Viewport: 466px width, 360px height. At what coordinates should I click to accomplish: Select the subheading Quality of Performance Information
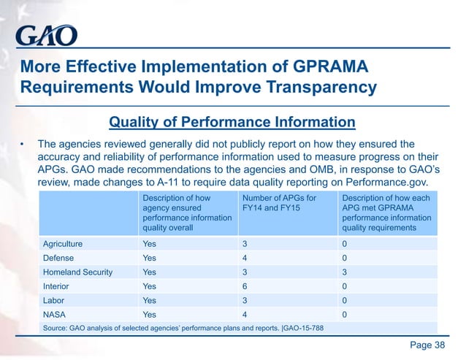point(232,121)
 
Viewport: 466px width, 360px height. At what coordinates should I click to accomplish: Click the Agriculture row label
point(63,244)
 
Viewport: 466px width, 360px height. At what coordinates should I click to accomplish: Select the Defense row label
point(58,258)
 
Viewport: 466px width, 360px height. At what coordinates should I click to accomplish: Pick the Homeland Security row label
point(78,272)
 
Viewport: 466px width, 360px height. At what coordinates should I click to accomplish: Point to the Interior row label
point(56,286)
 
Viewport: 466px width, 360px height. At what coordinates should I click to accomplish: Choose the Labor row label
point(54,300)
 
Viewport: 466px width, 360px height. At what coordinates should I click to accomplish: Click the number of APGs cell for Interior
point(245,286)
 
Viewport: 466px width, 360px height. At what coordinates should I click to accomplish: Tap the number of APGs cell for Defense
point(245,258)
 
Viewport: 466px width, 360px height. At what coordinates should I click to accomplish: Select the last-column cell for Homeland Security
point(344,272)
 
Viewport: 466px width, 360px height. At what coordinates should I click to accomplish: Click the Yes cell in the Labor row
point(149,300)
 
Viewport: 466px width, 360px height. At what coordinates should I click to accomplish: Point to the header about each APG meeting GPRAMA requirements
point(386,212)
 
